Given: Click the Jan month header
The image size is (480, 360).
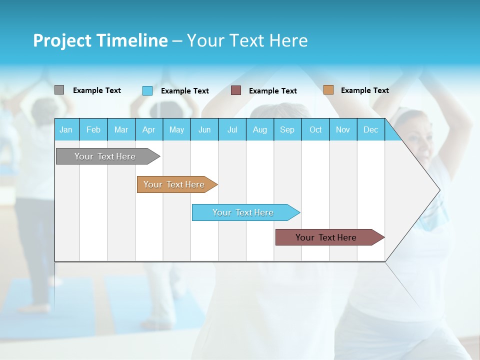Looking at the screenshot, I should point(66,129).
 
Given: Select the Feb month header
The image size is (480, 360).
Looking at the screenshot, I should point(93,129).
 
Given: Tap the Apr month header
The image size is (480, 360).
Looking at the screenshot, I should point(148,129).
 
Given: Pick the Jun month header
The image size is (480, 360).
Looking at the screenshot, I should point(204,129).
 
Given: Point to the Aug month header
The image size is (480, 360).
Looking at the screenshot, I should point(259,129).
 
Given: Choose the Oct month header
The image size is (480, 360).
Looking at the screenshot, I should point(315,129).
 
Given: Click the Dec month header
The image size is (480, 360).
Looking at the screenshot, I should point(370,129).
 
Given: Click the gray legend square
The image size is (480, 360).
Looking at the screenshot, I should point(59,90).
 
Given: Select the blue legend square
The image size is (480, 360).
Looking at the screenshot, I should point(147,90).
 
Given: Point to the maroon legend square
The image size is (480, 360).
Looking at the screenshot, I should point(236,90).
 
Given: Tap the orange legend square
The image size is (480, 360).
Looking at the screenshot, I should point(328,90).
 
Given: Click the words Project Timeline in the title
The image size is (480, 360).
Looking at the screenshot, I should point(100,40).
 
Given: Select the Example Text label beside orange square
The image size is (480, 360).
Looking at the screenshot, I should point(364,90).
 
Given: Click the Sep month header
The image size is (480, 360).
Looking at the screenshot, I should point(287,129).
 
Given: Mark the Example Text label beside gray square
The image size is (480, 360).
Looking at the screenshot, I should point(97,90).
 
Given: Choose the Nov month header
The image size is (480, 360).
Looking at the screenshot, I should point(343,129).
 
